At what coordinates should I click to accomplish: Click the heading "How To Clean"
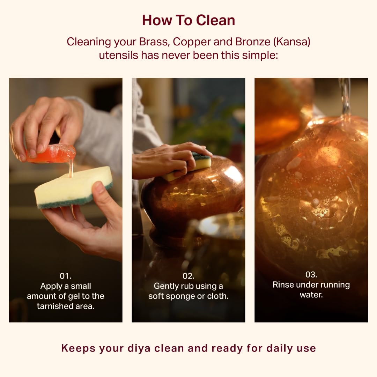(x=188, y=20)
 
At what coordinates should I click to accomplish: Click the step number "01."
(x=66, y=276)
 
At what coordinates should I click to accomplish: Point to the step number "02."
(x=188, y=276)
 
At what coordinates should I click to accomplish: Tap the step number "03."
(x=311, y=275)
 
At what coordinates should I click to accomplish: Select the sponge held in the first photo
(x=74, y=187)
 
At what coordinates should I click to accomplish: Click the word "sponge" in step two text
(x=180, y=296)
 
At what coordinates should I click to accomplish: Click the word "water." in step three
(x=311, y=295)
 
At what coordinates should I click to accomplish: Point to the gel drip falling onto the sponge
(x=71, y=170)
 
